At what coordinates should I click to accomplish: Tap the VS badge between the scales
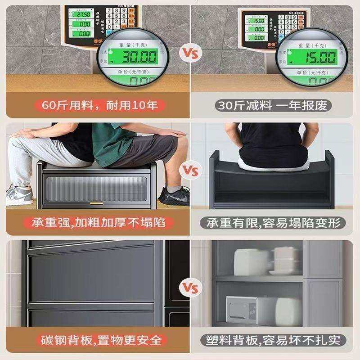pos(189,53)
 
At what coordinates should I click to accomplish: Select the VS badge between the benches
pos(189,171)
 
